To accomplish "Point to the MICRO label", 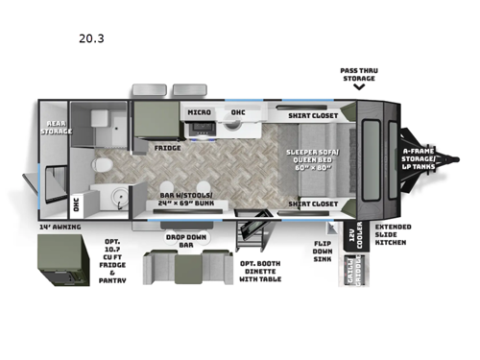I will [x=200, y=112].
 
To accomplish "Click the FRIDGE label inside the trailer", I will [x=169, y=149].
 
